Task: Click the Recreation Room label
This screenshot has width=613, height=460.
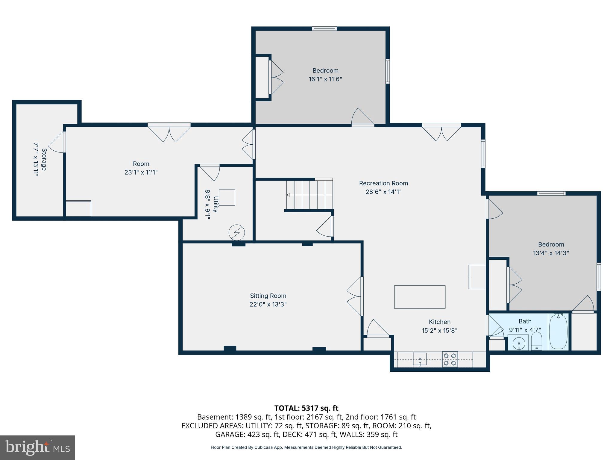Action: coord(383,183)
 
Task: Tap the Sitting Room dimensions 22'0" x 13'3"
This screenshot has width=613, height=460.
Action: coord(268,304)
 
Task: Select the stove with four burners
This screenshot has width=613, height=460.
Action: coord(450,359)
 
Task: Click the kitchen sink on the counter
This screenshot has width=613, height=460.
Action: coord(420,359)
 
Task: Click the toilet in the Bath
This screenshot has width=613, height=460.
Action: coord(536,341)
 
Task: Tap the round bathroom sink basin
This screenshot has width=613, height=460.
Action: coord(518,343)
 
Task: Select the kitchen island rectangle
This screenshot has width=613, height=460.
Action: coord(420,297)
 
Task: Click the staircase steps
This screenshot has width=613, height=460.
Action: coord(309,195)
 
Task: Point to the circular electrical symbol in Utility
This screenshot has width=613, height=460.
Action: coord(236,232)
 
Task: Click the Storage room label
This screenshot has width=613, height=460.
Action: coord(44,159)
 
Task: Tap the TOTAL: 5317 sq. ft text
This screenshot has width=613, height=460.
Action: coord(306,408)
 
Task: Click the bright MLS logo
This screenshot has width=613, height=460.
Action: coord(37,447)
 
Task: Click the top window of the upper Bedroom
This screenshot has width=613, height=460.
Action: coord(324,29)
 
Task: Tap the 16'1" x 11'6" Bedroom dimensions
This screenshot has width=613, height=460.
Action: coord(325,79)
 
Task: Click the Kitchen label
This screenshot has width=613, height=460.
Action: coord(439,322)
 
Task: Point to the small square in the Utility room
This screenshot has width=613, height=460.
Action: coord(227,197)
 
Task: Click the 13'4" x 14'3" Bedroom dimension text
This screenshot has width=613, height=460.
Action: coord(551,253)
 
